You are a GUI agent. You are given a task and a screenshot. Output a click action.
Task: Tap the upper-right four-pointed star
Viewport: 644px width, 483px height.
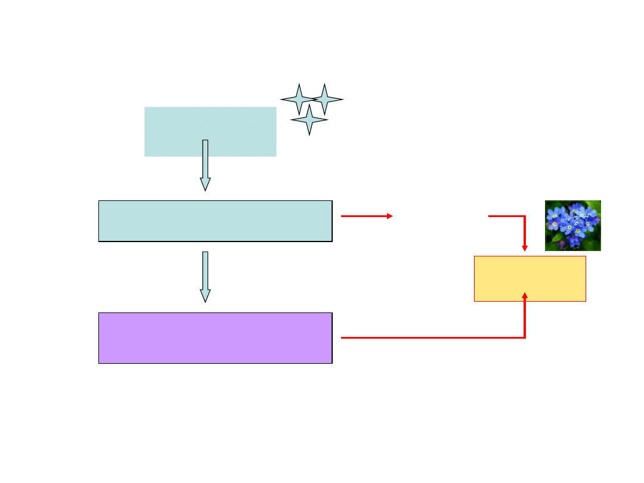click(x=324, y=99)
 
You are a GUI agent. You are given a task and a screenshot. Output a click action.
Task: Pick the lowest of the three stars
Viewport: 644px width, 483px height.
click(x=309, y=120)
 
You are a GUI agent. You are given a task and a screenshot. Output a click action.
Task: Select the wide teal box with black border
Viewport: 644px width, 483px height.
click(x=215, y=221)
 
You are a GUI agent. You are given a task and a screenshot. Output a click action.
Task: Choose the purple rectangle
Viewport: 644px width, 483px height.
click(x=215, y=338)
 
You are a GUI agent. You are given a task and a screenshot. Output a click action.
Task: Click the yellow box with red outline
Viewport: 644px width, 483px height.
click(x=530, y=278)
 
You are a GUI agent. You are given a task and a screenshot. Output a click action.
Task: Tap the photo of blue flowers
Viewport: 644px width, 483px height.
click(x=572, y=225)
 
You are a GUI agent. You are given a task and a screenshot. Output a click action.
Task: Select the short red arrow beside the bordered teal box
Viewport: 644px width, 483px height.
click(x=365, y=216)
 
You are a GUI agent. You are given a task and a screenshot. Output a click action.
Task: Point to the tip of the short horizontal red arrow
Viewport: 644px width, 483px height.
click(x=391, y=216)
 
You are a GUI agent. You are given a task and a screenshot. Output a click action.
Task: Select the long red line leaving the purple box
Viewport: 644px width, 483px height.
click(x=429, y=338)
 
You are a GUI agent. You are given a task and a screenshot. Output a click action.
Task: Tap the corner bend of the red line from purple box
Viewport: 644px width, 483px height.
click(x=525, y=338)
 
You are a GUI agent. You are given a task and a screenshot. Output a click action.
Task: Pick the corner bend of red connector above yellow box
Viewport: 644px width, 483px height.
click(x=525, y=216)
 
